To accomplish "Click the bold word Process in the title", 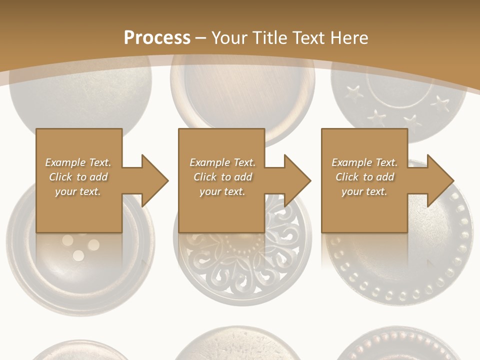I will coord(157,38).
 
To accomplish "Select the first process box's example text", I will coord(78,177).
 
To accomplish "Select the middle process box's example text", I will coord(222,177).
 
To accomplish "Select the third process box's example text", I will coord(364,177).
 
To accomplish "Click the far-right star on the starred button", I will coord(440,103).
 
